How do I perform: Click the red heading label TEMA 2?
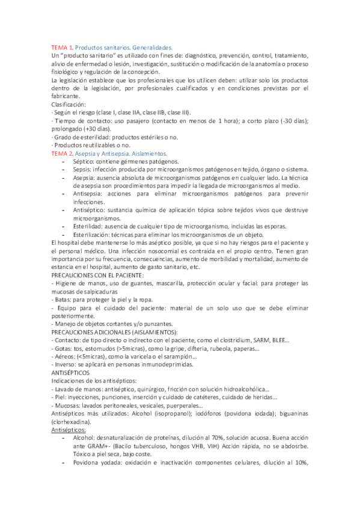tap(61, 154)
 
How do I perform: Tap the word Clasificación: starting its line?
tap(69, 103)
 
